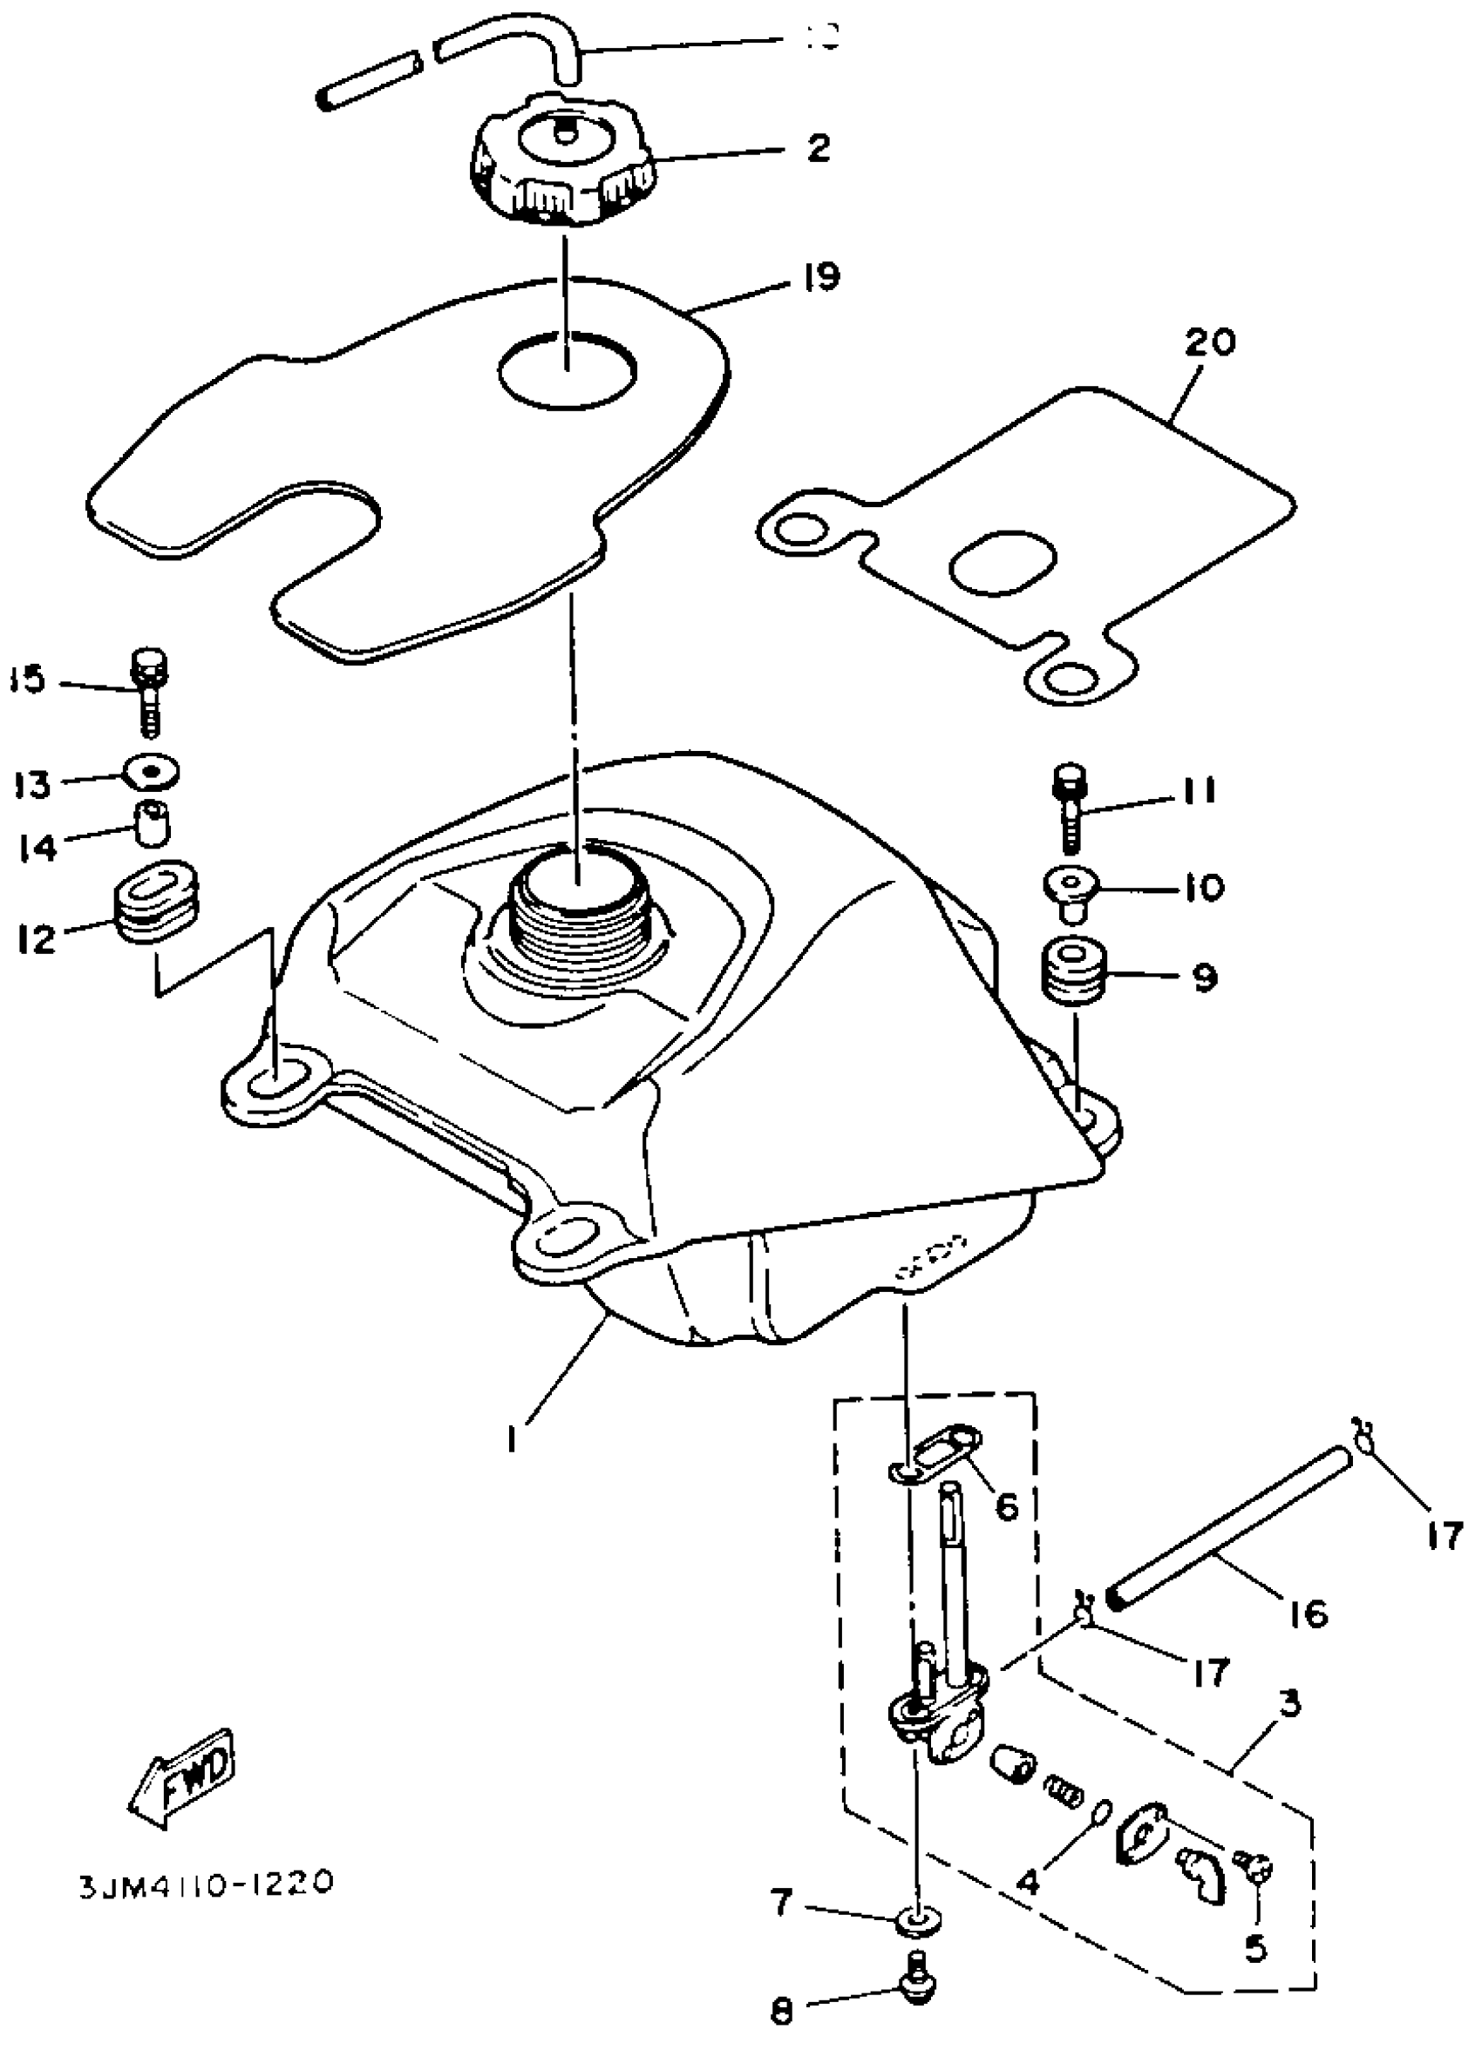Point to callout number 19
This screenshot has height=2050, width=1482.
point(819,276)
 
